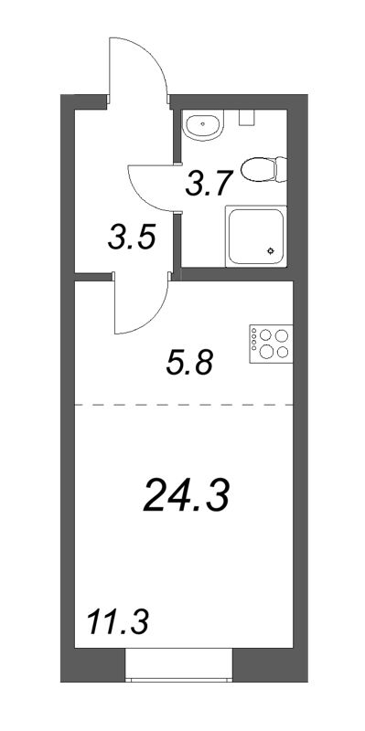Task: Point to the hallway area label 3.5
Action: point(129,240)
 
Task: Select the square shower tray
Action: point(256,236)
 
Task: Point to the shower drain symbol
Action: point(272,250)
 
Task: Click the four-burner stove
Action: point(270,342)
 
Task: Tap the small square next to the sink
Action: point(244,117)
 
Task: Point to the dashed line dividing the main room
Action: point(183,403)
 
